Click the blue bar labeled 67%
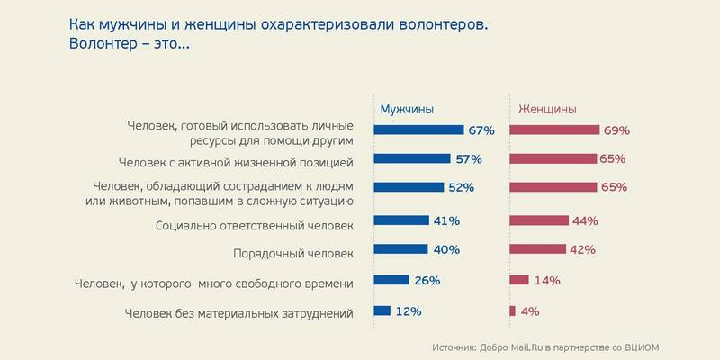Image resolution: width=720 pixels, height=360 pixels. (x=418, y=130)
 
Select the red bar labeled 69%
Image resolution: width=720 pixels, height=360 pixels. (x=553, y=130)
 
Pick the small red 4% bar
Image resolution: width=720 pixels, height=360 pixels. (x=512, y=311)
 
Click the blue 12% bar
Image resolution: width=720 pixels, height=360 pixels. (x=382, y=311)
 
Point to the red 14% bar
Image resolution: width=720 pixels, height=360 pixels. (x=519, y=280)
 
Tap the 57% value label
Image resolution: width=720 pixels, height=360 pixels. (x=468, y=159)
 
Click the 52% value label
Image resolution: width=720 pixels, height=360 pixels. (x=461, y=188)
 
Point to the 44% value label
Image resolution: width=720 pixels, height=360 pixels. (x=586, y=220)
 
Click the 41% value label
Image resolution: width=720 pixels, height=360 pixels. (x=447, y=220)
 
